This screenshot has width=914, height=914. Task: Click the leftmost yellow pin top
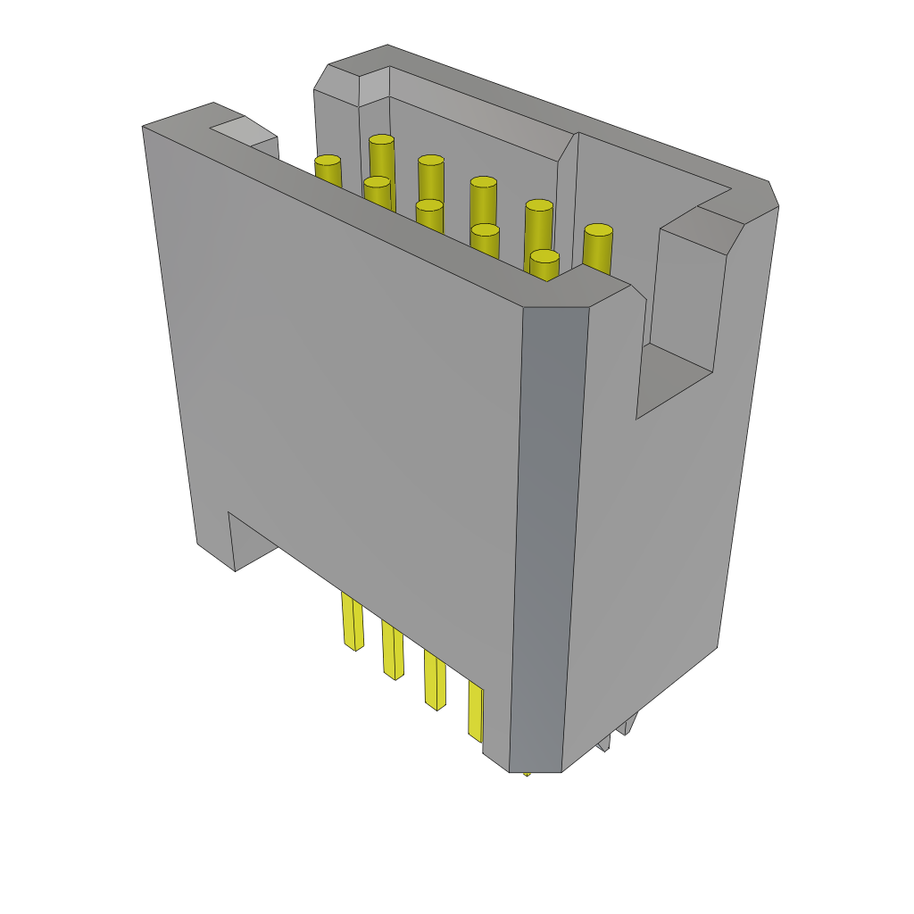point(328,162)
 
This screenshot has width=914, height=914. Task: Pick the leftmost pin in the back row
point(381,141)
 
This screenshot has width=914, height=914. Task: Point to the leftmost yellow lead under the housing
point(352,621)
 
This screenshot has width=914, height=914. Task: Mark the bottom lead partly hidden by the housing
point(475,711)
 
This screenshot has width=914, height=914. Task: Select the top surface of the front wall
point(375,214)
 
